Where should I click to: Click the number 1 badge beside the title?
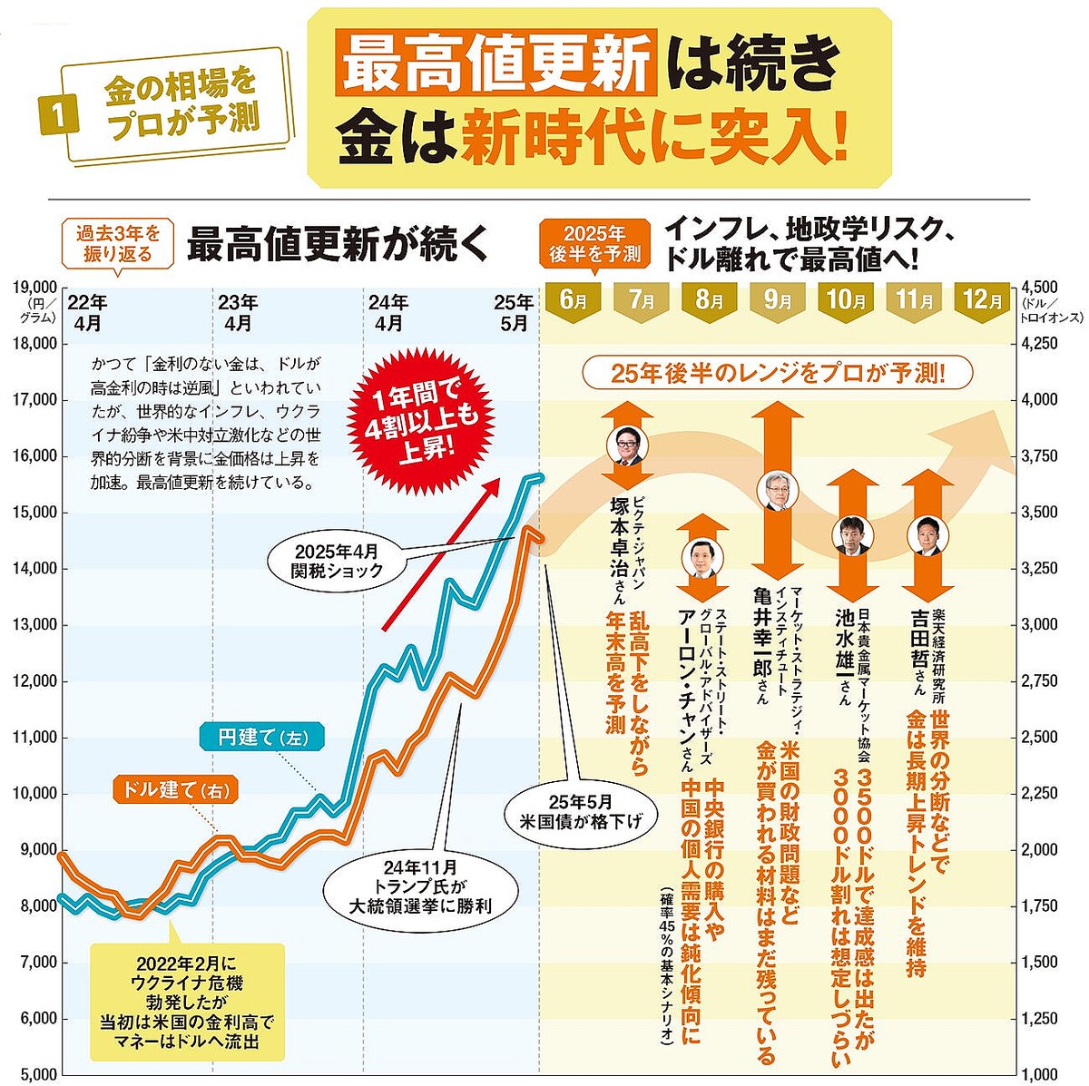[57, 115]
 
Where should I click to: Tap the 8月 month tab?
[710, 299]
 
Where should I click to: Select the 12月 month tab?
[983, 299]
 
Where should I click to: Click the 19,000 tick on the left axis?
[35, 288]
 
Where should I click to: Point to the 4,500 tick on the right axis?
[1040, 288]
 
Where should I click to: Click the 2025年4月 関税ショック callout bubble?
[337, 560]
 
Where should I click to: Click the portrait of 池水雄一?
[850, 535]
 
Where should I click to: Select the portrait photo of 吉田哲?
[927, 535]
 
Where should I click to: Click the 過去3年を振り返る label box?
[118, 244]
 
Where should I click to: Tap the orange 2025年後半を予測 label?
[594, 243]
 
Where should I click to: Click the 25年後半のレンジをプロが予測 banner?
[778, 373]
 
